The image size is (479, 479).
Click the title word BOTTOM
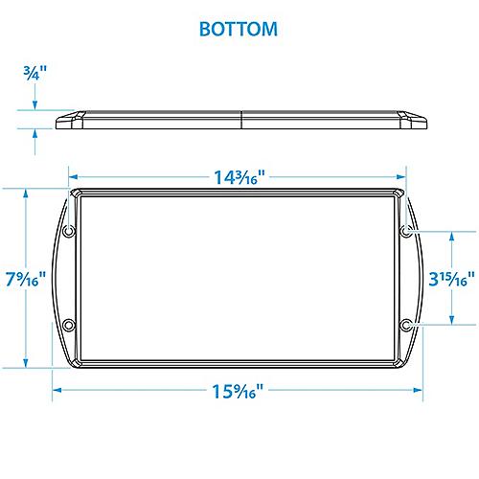[x=239, y=29]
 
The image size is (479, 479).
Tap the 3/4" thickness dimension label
[x=34, y=71]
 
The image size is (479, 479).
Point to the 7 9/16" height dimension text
[x=27, y=278]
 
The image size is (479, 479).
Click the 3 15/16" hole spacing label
[x=451, y=278]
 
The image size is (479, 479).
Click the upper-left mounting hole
[x=68, y=232]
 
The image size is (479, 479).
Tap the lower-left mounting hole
[x=68, y=327]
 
